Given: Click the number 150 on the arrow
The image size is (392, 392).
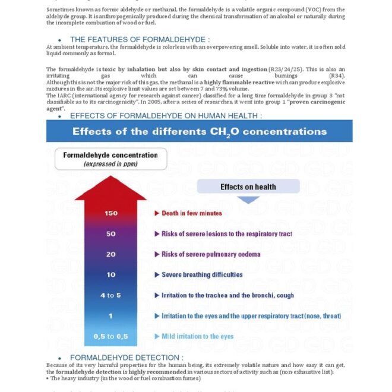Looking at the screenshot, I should click(x=110, y=213).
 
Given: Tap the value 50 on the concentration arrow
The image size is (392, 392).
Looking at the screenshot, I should click(x=110, y=233).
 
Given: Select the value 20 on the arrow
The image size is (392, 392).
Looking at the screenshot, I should click(x=110, y=254).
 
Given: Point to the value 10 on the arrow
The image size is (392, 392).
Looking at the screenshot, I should click(x=110, y=275).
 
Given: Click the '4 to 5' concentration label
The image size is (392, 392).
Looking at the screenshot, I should click(x=110, y=295).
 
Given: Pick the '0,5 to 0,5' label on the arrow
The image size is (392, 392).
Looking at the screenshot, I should click(x=110, y=337).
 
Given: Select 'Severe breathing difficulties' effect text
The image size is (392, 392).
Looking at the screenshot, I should click(x=202, y=275).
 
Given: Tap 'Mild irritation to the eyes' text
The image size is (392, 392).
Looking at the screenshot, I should click(x=198, y=337).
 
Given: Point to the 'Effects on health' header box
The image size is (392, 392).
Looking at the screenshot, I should click(x=248, y=187).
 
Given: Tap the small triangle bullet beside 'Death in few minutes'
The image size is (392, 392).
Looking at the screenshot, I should click(x=157, y=213).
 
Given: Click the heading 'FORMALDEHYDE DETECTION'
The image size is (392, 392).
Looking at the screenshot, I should click(x=127, y=358).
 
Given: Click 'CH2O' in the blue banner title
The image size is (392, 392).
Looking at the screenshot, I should click(x=229, y=132).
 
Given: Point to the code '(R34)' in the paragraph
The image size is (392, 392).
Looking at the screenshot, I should click(x=336, y=76).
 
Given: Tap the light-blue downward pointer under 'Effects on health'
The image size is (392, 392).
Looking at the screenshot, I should click(x=248, y=200).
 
